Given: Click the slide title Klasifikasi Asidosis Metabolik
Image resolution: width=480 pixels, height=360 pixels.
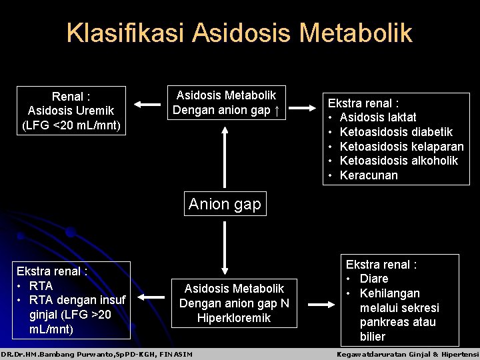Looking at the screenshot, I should [x=239, y=33].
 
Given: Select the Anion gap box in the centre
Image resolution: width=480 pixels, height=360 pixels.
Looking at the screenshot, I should [x=225, y=204].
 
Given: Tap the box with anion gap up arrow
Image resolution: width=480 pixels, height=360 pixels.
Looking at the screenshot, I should [x=225, y=103].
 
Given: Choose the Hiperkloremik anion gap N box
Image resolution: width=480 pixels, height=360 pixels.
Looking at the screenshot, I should [x=234, y=303].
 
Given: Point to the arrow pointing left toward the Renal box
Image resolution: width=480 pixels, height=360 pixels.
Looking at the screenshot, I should [x=147, y=103].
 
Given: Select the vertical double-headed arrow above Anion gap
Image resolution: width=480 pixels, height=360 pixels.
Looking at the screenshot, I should [x=225, y=158].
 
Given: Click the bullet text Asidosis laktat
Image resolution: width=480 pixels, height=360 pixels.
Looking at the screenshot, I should [x=378, y=117].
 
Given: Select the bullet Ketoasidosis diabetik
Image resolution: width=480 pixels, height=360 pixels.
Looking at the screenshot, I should [x=396, y=132].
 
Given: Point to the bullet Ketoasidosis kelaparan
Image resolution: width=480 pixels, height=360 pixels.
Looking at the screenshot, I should [x=401, y=147].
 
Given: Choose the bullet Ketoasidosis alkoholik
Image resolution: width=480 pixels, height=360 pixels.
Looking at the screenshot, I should [x=399, y=161].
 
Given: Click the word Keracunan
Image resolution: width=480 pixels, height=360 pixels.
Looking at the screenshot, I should [x=369, y=175].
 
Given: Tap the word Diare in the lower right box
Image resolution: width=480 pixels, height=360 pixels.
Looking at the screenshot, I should [x=373, y=279].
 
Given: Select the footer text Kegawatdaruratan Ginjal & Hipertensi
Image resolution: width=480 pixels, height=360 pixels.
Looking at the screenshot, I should [x=408, y=354].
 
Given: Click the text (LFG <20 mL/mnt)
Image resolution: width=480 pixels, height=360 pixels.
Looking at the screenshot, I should [x=71, y=125].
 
